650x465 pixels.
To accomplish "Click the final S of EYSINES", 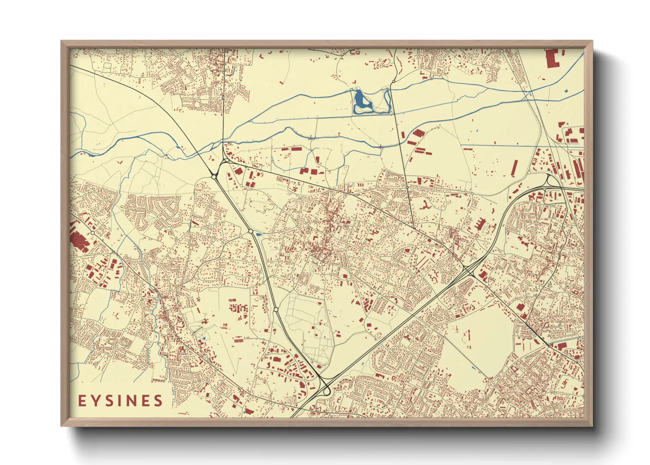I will [x=158, y=401].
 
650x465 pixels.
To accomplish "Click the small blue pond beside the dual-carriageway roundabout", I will [x=259, y=234].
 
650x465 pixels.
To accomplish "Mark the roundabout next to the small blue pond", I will [x=250, y=231].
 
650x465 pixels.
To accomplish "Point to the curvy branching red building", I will [x=426, y=205].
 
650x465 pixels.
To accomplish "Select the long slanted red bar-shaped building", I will [x=514, y=168].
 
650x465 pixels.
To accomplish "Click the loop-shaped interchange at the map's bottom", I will [x=326, y=389].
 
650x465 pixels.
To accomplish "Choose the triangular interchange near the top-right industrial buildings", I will [x=549, y=181].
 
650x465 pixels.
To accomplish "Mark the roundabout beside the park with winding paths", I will [x=276, y=310].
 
